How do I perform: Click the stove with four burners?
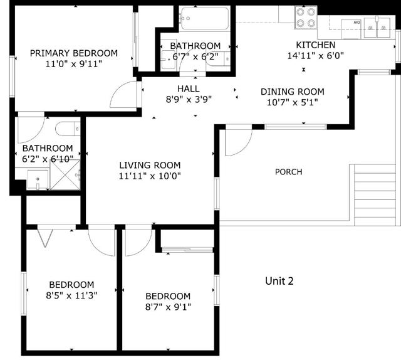[x=306, y=18]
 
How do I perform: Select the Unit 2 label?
[x=279, y=281]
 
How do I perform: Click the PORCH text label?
[x=288, y=172]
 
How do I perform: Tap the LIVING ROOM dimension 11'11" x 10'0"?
[x=150, y=176]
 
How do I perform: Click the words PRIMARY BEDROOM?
[x=74, y=53]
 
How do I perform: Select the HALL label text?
[x=188, y=88]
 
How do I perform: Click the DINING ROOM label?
[x=288, y=92]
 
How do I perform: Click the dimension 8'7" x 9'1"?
[x=168, y=307]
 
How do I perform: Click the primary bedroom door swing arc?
[x=123, y=96]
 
